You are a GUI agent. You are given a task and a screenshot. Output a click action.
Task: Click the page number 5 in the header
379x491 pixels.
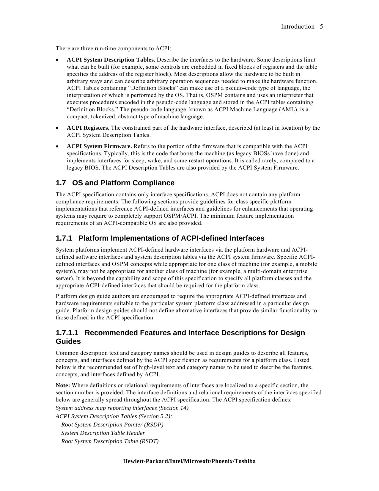pyautogui.click(x=321, y=27)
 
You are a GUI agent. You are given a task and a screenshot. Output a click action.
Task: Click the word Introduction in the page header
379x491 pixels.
pyautogui.click(x=298, y=27)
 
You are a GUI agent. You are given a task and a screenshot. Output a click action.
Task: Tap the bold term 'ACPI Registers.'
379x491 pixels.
pyautogui.click(x=88, y=128)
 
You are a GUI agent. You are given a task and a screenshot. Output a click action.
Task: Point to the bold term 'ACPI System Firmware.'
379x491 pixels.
pyautogui.click(x=99, y=146)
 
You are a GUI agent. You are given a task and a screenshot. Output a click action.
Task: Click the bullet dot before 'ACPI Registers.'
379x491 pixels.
pyautogui.click(x=57, y=128)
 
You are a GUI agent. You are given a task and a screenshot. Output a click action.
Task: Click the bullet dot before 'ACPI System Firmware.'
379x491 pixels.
pyautogui.click(x=57, y=147)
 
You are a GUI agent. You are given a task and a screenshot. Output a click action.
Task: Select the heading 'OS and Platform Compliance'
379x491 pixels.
pyautogui.click(x=123, y=183)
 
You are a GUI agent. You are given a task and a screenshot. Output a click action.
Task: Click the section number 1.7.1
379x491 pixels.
pyautogui.click(x=64, y=238)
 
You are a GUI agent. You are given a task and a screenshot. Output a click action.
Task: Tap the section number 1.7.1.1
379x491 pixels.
pyautogui.click(x=67, y=332)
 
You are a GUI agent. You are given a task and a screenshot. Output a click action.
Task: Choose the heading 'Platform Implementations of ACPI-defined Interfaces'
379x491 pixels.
pyautogui.click(x=171, y=238)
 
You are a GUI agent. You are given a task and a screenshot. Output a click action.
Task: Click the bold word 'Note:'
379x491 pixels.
pyautogui.click(x=63, y=385)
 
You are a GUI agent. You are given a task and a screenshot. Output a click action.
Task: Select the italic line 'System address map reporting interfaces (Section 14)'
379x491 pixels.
pyautogui.click(x=122, y=408)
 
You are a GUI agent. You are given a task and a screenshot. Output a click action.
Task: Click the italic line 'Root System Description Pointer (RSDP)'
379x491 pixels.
pyautogui.click(x=112, y=425)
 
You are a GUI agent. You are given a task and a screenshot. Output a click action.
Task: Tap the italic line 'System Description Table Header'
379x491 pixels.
pyautogui.click(x=103, y=433)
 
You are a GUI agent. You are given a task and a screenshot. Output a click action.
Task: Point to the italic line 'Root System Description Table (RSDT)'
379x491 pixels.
pyautogui.click(x=110, y=441)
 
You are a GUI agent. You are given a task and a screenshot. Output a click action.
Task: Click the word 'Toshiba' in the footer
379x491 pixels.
pyautogui.click(x=245, y=461)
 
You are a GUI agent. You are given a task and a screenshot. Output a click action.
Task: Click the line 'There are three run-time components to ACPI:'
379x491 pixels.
pyautogui.click(x=113, y=48)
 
